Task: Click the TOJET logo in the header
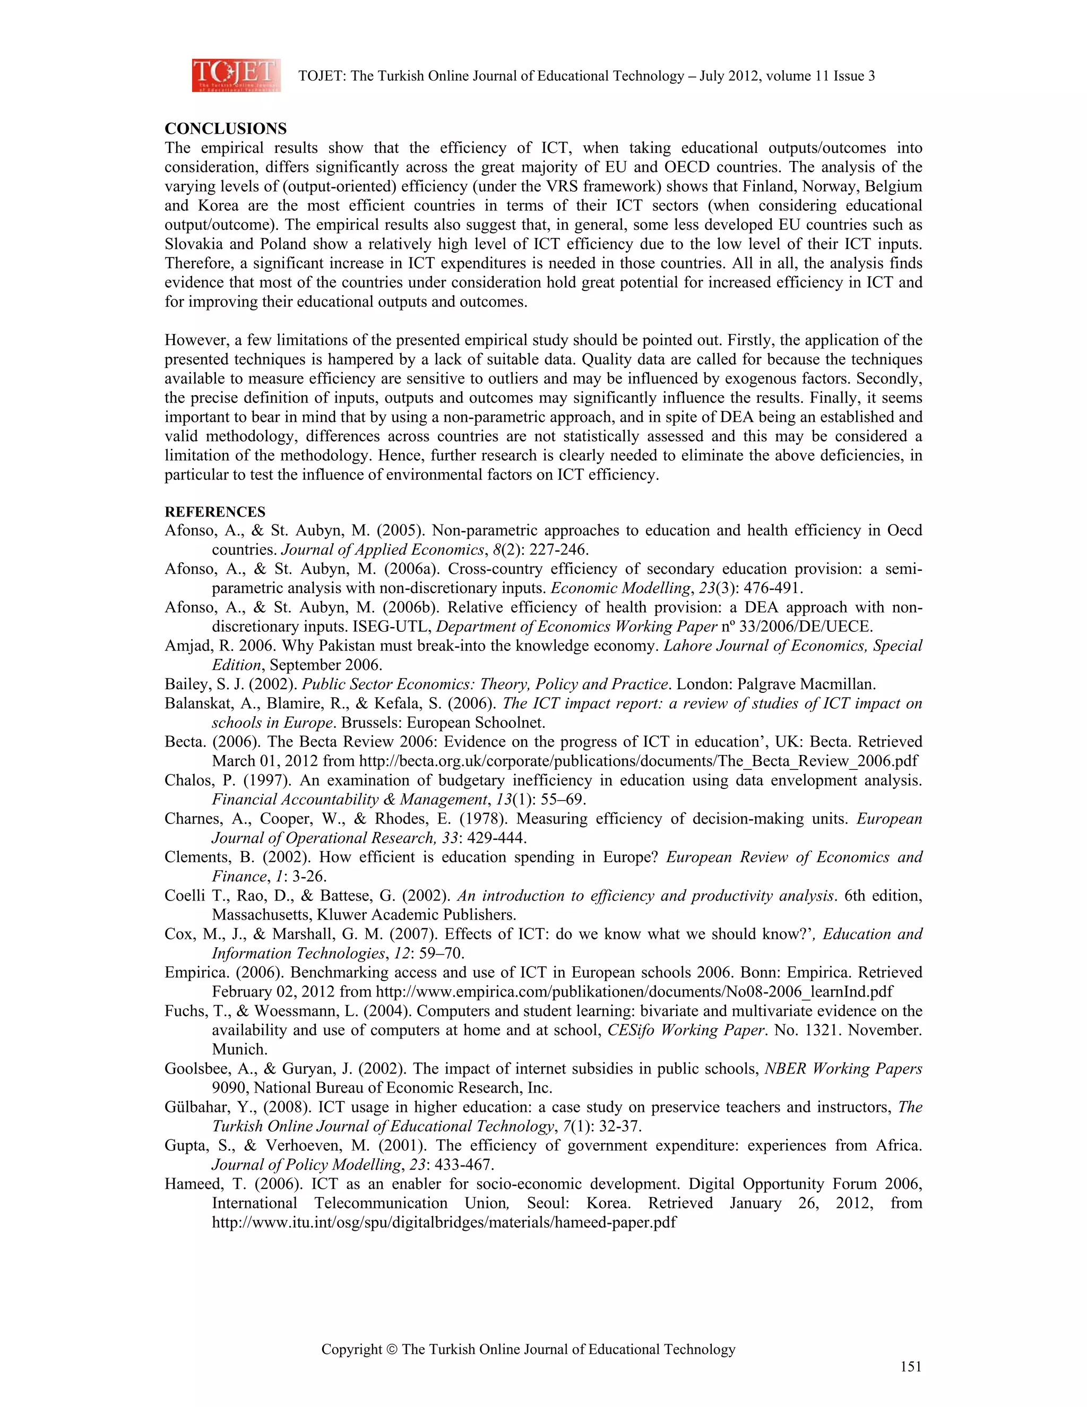point(236,75)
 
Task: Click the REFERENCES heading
point(214,512)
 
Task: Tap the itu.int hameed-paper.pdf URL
point(444,1222)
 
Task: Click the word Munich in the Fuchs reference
point(239,1049)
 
